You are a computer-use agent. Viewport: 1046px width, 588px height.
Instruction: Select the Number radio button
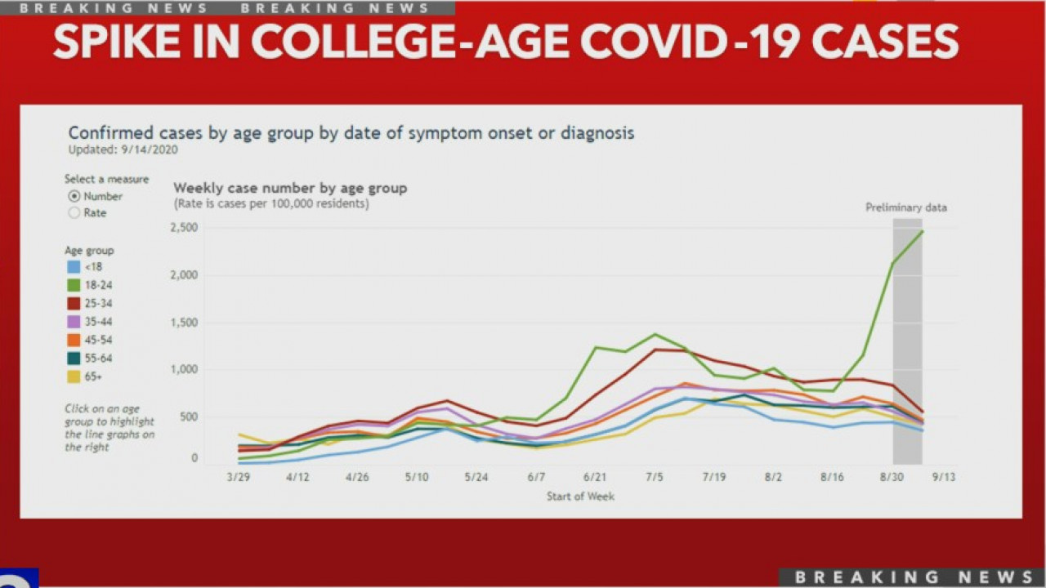pos(74,197)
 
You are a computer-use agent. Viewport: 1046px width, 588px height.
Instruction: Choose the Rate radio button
pos(74,213)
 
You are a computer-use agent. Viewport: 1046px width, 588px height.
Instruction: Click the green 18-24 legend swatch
pos(74,285)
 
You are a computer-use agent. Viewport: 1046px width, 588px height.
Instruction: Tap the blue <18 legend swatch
pos(74,267)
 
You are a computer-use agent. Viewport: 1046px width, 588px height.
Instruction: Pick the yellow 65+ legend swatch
pos(74,376)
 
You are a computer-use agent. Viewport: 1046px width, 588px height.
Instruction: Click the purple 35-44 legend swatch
pos(74,322)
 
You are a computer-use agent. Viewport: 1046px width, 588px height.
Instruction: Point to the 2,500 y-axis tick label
pos(184,228)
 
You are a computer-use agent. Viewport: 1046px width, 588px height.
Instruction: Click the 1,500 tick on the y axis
pos(184,323)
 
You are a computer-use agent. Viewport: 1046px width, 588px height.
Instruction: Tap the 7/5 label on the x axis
pos(655,477)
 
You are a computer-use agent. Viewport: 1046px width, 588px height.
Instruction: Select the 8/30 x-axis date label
pos(892,477)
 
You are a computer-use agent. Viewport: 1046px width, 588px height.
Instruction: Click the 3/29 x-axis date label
pos(238,477)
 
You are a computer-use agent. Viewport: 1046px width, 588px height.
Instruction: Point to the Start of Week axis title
pos(580,496)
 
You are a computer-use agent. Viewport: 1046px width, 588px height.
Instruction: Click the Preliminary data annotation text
pos(906,207)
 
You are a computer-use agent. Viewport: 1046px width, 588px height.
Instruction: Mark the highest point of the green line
pos(923,231)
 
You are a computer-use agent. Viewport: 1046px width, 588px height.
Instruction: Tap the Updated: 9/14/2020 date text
pos(123,149)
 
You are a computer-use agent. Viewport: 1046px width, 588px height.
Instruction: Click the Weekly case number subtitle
pos(290,189)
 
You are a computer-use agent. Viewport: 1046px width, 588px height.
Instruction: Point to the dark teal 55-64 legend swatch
pos(74,359)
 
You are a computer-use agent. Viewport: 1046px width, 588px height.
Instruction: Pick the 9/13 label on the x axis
pos(944,477)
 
